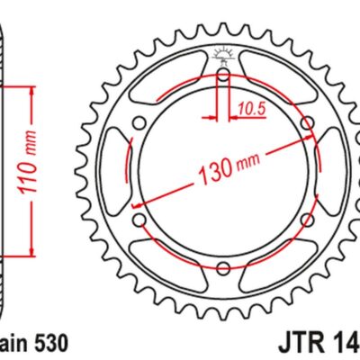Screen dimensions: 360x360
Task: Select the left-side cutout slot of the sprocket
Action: (x=116, y=172)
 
